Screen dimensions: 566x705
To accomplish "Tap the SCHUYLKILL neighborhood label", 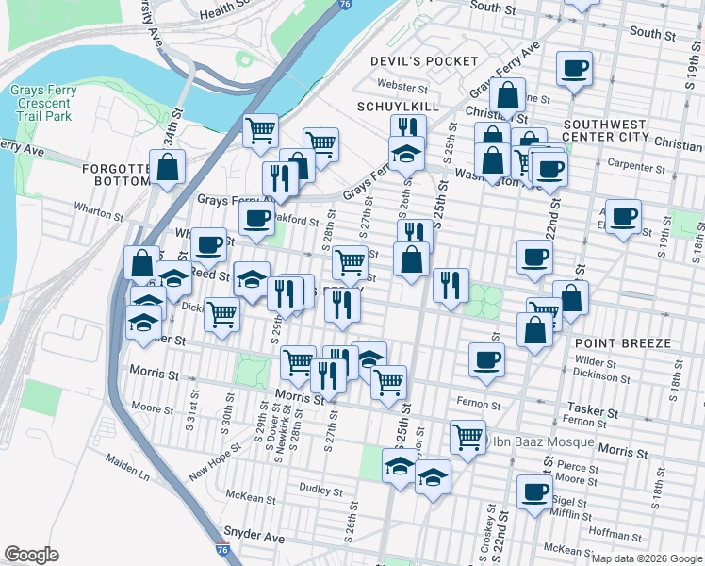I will point(398,107).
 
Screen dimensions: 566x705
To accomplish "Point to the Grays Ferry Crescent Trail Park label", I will point(41,104).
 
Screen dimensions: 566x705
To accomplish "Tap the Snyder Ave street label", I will point(254,537).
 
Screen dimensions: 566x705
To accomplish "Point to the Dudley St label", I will point(320,491).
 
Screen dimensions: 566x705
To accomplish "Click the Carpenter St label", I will point(637,168).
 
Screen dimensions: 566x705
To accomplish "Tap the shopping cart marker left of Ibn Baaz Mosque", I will point(467,436).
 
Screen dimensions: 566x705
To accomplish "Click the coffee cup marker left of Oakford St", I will point(255,219).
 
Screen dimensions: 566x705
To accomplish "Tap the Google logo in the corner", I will point(31,555).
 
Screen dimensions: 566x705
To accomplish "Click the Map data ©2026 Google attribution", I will point(646,558).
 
